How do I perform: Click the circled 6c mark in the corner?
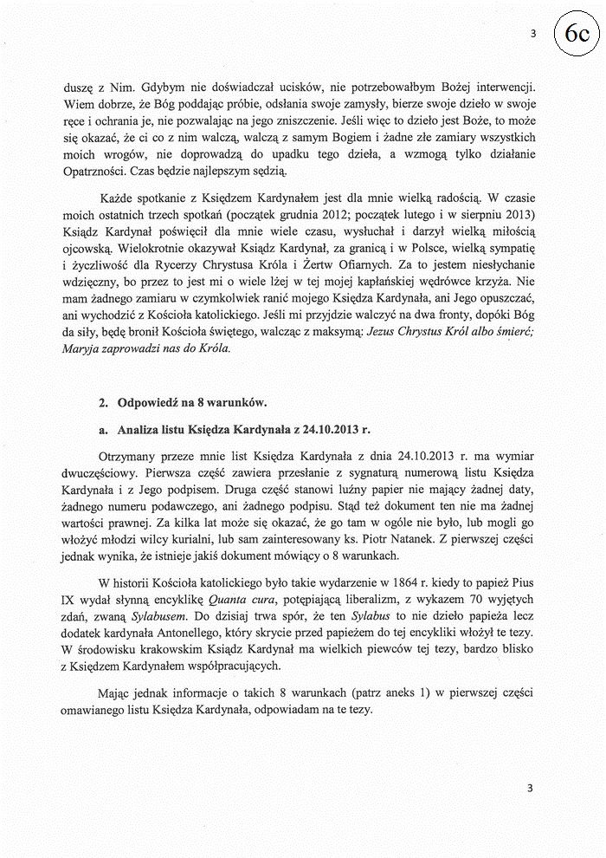coord(578,33)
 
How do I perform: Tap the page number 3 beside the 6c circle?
coord(533,33)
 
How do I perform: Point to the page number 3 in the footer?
coord(529,788)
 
